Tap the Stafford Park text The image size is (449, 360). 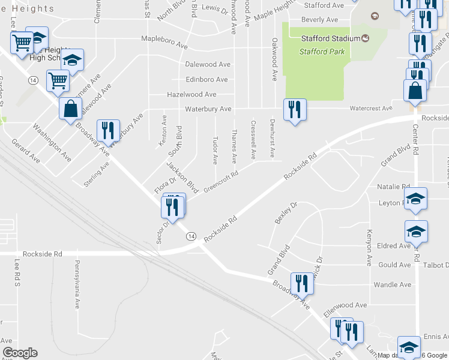click(322, 52)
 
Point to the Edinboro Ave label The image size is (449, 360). click(206, 79)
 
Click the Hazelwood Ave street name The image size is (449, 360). click(191, 94)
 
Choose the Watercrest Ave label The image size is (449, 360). click(370, 109)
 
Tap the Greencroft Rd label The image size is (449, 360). click(221, 181)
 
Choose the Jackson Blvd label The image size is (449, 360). click(182, 177)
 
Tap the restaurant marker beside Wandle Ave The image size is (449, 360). click(302, 283)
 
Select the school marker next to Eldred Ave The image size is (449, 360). click(415, 232)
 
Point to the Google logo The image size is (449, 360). click(19, 353)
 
